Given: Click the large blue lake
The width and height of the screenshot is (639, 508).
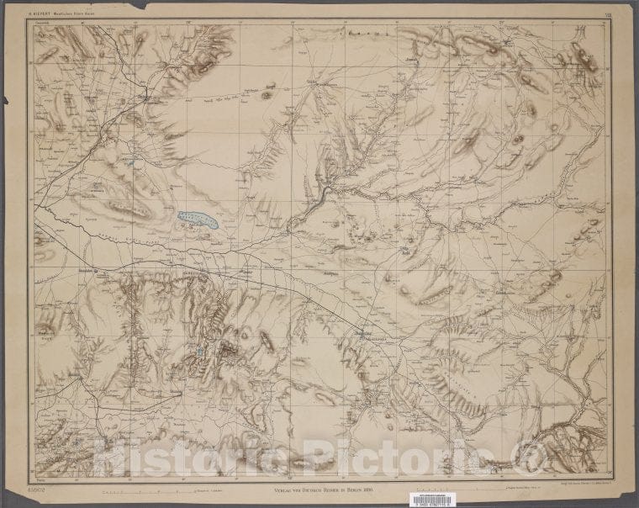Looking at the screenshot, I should click(198, 220).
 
